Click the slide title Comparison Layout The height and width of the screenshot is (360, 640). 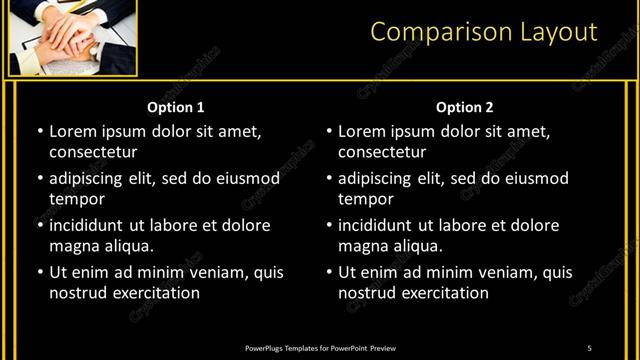[483, 32]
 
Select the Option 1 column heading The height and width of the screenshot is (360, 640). [176, 107]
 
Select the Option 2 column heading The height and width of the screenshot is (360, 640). [465, 107]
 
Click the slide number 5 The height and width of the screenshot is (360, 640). [589, 347]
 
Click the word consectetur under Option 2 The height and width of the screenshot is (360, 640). [382, 152]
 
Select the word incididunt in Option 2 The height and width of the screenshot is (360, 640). [376, 226]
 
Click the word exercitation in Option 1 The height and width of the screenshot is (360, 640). [155, 293]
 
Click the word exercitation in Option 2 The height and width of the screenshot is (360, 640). [444, 293]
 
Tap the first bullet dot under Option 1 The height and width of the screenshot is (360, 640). [39, 132]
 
